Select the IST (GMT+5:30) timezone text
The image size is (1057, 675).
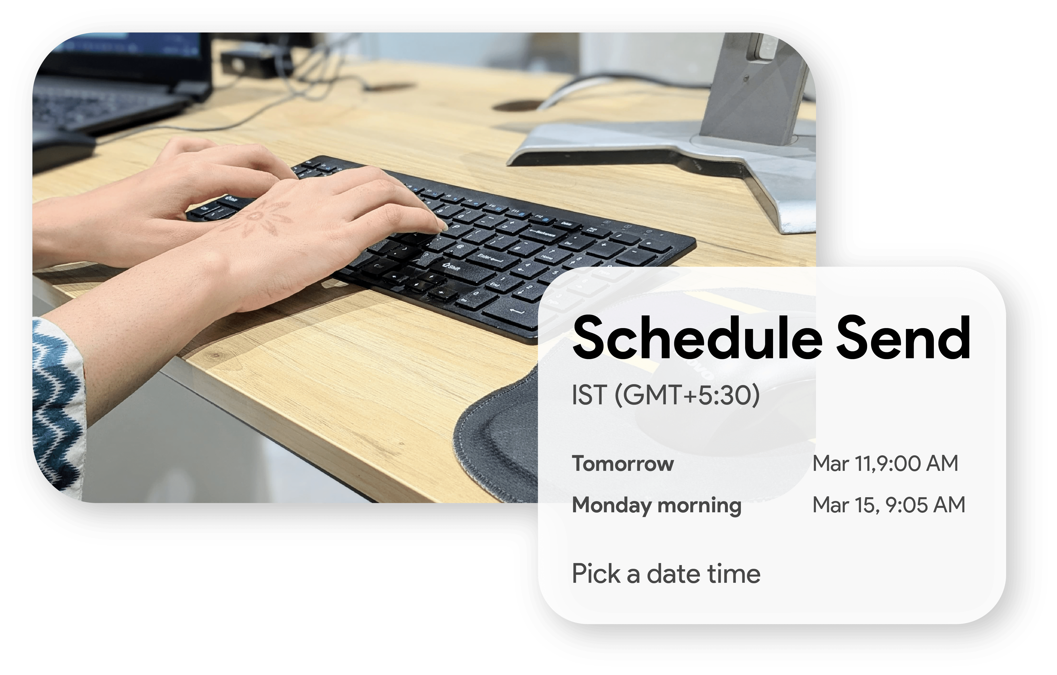tap(665, 395)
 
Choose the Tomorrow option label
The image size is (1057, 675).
tap(622, 464)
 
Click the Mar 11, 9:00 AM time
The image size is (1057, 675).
tap(885, 464)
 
